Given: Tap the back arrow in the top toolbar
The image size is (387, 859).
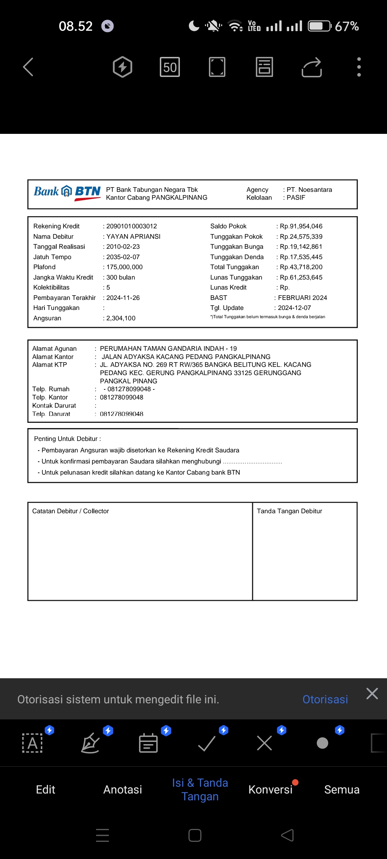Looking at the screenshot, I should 28,67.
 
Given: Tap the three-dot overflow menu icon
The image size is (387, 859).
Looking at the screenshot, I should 359,67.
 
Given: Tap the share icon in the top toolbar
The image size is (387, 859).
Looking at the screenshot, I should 312,67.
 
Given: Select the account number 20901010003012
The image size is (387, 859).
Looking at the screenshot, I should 132,226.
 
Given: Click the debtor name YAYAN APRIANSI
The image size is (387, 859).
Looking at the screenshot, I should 133,237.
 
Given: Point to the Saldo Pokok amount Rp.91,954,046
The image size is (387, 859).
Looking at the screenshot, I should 301,226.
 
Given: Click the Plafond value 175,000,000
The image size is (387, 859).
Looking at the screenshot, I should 124,267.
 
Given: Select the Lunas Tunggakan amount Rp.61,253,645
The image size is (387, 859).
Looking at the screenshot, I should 301,277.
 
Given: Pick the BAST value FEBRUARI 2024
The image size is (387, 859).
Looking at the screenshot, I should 302,298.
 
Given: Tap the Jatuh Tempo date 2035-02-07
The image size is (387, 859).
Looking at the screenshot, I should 123,257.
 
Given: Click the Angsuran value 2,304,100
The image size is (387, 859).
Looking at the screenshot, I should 121,318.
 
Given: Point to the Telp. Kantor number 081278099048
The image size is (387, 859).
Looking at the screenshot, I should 121,397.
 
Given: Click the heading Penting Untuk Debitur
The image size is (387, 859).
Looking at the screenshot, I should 67,439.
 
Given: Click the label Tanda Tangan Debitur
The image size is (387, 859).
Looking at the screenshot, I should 290,511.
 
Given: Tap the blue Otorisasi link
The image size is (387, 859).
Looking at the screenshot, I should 325,699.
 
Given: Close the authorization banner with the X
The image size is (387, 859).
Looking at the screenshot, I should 372,694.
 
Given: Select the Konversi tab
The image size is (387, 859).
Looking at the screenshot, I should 271,790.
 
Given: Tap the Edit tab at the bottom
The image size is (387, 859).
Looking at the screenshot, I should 46,790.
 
